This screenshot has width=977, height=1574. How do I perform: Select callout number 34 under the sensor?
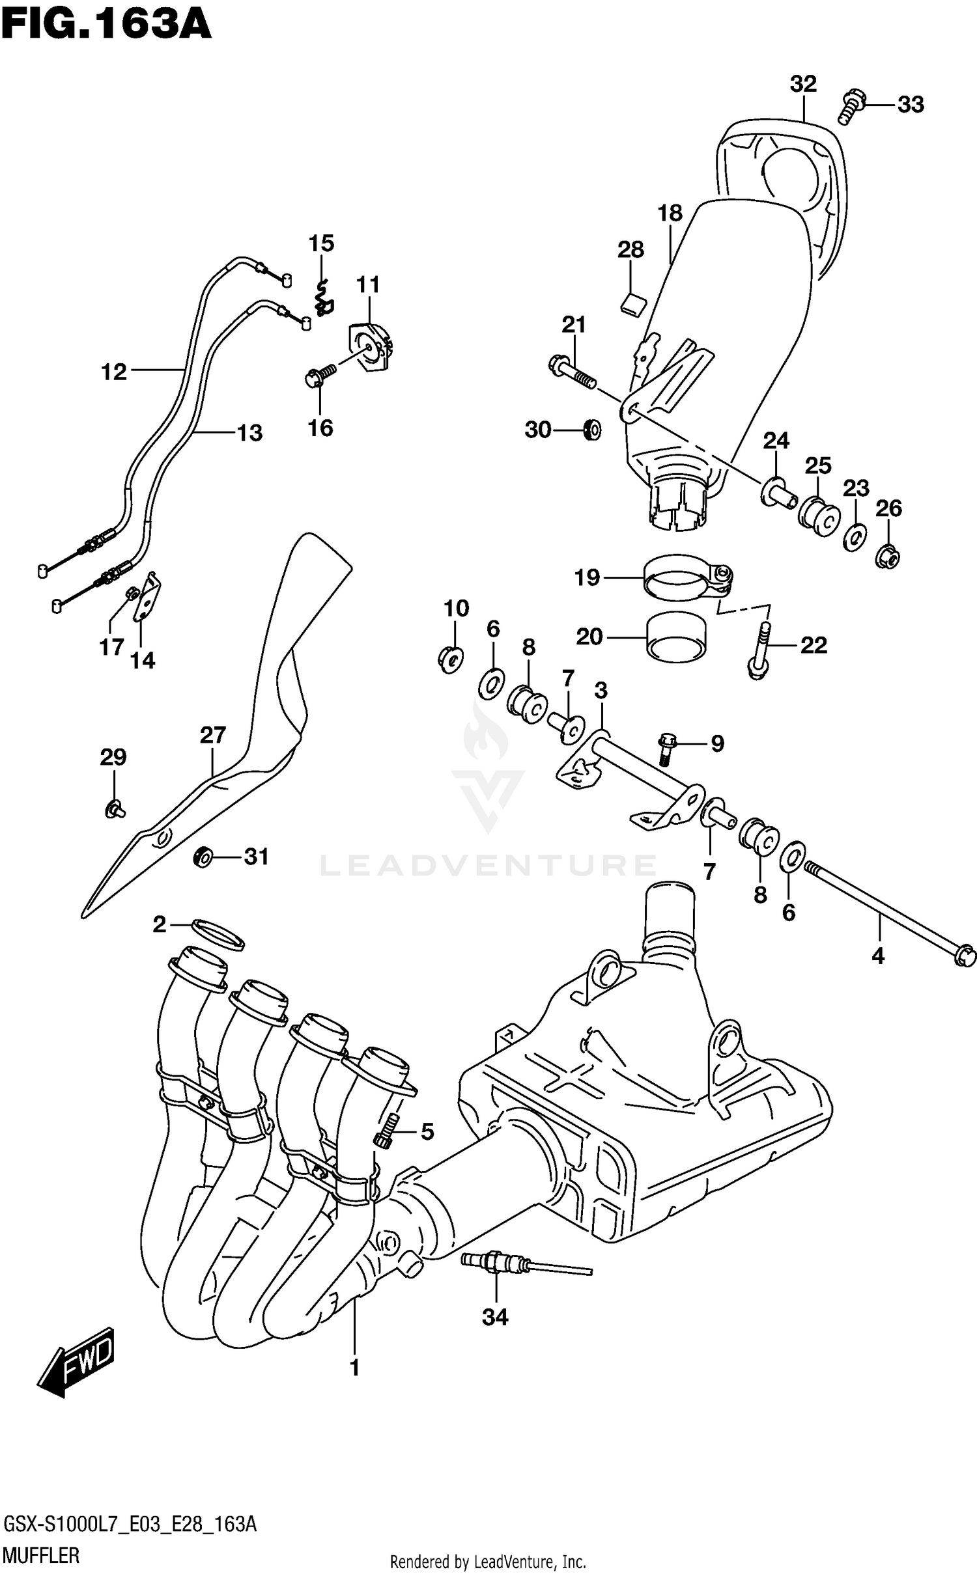495,1317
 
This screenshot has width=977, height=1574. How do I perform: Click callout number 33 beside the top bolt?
911,104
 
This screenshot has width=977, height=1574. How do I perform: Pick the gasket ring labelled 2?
218,935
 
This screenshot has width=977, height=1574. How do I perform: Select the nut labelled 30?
591,430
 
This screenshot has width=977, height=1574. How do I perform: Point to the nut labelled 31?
204,857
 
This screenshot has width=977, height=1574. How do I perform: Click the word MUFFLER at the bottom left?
42,1556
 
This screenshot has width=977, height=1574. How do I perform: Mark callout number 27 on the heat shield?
212,735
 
